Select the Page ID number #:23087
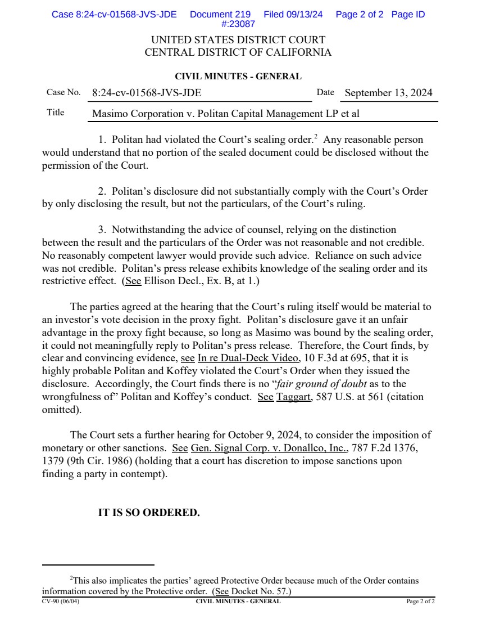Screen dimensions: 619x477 click(238, 24)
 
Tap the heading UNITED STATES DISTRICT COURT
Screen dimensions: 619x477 click(238, 41)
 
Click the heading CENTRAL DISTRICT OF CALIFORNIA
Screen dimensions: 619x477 click(238, 53)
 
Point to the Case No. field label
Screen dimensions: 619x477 click(63, 92)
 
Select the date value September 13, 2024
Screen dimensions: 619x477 click(388, 93)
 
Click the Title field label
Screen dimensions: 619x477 click(55, 113)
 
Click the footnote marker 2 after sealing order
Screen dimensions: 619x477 click(317, 136)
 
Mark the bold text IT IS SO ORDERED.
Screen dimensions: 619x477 click(149, 513)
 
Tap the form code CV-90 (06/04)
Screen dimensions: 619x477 click(61, 602)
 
